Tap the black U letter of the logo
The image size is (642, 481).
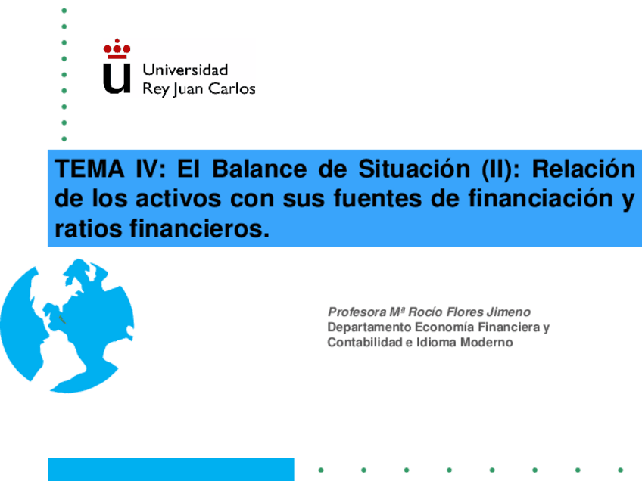coord(117,78)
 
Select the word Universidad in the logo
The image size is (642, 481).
coord(185,70)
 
